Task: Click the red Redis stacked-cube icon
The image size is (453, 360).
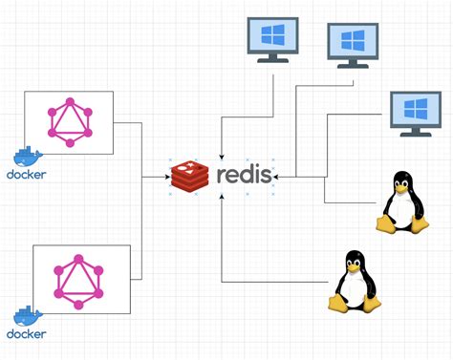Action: click(x=190, y=177)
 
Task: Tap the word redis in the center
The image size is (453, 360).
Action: click(x=243, y=176)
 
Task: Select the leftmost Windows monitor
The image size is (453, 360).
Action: click(x=275, y=38)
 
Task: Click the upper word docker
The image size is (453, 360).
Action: click(x=26, y=175)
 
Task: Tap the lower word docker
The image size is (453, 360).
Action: click(x=26, y=334)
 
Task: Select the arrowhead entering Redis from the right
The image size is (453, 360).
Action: click(x=275, y=177)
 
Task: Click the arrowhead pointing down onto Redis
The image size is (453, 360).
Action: click(x=222, y=155)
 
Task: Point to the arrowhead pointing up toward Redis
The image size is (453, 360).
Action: click(x=222, y=198)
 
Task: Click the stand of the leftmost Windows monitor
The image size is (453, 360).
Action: click(x=275, y=59)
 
